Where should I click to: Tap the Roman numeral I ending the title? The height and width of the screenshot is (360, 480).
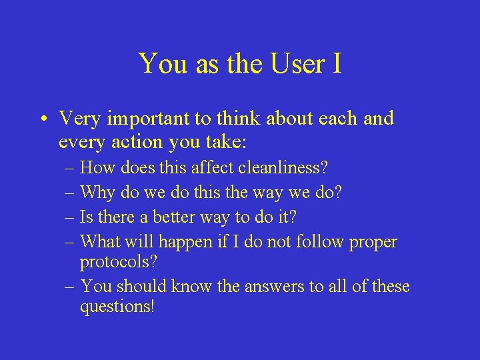click(x=337, y=63)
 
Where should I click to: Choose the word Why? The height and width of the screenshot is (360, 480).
click(x=97, y=193)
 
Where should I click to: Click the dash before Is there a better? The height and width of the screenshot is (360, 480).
click(x=70, y=217)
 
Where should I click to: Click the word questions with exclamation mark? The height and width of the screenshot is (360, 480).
click(x=117, y=308)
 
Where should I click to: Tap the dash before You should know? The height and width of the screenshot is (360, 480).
click(x=70, y=287)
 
